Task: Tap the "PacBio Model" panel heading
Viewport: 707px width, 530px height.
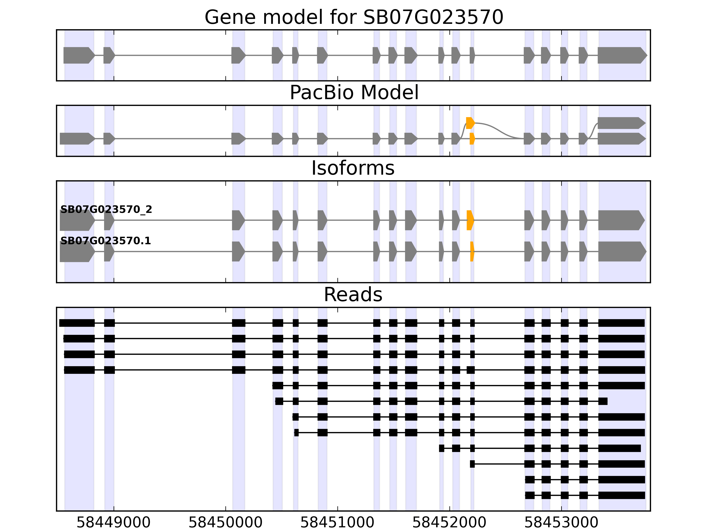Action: [x=353, y=93]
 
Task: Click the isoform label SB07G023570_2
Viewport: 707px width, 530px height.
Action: [x=106, y=210]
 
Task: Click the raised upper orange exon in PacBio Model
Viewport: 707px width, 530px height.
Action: [x=470, y=123]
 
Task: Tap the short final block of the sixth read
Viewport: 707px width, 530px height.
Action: [x=603, y=401]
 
